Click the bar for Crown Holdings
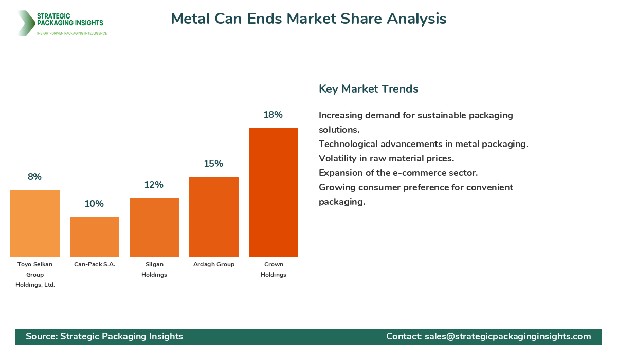(273, 192)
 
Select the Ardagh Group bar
(213, 217)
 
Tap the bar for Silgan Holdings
(154, 227)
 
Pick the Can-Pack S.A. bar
(94, 237)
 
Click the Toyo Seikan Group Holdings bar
(34, 223)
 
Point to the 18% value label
(273, 115)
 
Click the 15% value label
(213, 164)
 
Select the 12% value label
(154, 185)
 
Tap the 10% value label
(94, 204)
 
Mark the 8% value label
(34, 177)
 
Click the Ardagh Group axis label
(213, 264)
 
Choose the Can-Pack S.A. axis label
(94, 264)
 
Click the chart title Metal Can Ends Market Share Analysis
(308, 19)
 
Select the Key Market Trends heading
(368, 88)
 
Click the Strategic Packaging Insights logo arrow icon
(25, 23)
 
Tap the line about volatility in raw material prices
(386, 158)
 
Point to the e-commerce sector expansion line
(398, 173)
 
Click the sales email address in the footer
(507, 336)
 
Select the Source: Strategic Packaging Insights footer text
(104, 336)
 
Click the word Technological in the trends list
(350, 144)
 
